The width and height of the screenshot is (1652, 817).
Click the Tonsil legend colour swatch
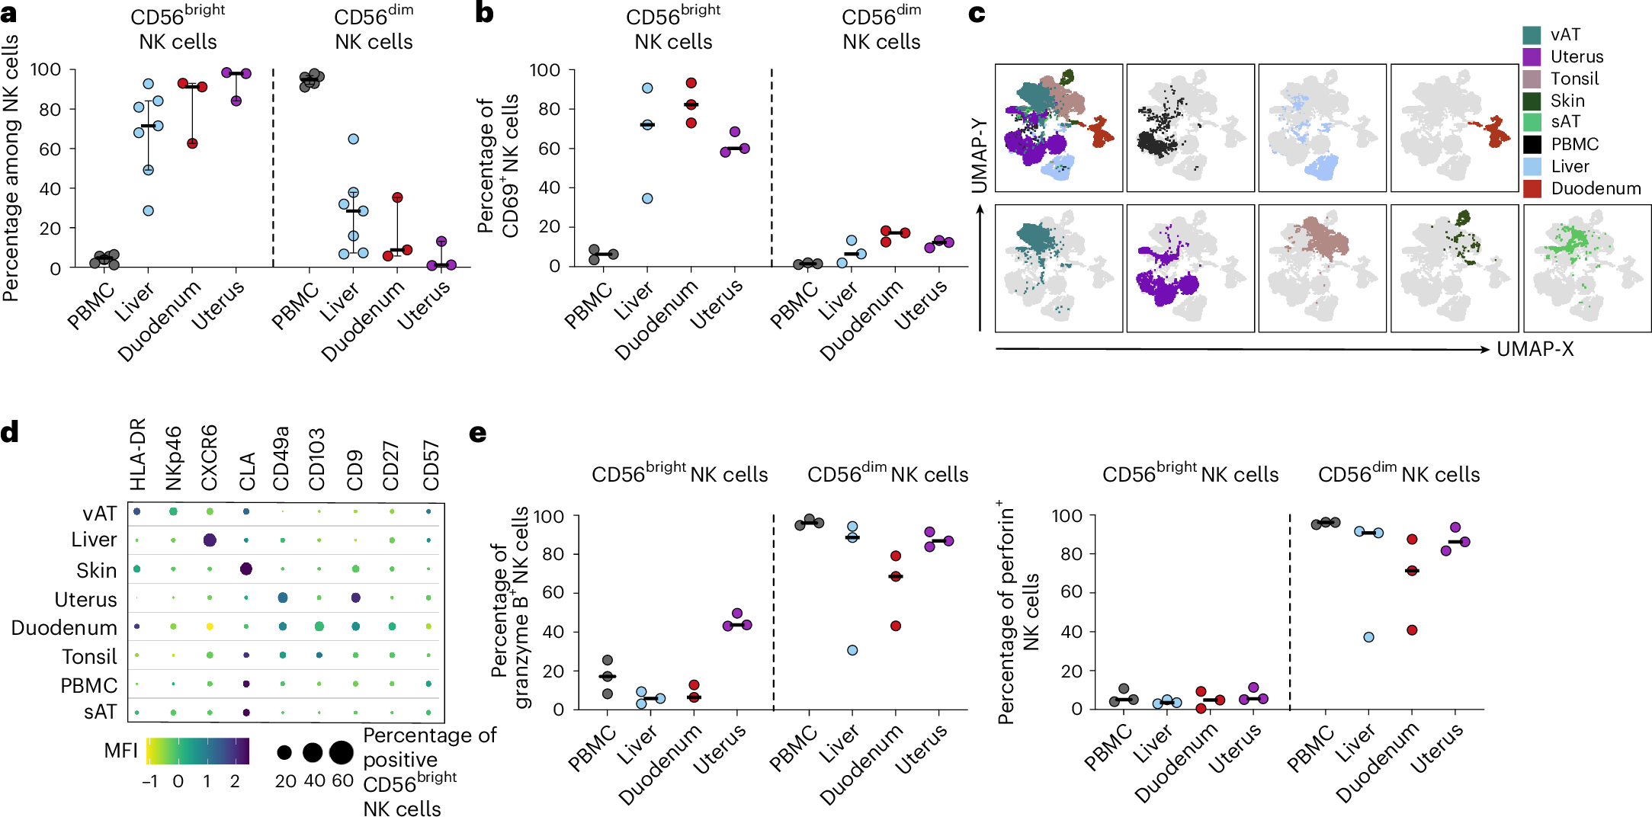[x=1532, y=79]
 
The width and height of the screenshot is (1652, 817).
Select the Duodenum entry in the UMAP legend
[x=1596, y=188]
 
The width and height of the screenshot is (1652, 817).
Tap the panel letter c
[x=977, y=13]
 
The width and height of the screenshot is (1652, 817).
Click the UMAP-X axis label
[x=1535, y=349]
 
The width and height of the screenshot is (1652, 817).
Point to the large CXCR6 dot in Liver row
[x=210, y=540]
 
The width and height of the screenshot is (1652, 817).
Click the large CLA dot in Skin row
[x=245, y=569]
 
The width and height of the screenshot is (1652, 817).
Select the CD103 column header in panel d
[x=317, y=460]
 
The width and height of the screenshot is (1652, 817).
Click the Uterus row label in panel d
[x=85, y=600]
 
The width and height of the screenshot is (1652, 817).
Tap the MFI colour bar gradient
[x=197, y=751]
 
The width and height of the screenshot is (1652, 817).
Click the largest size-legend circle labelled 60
[x=342, y=753]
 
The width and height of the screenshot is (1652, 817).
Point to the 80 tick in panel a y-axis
[x=50, y=109]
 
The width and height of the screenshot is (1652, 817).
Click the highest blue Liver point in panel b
[x=647, y=88]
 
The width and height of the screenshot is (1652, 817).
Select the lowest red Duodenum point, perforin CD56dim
[x=1412, y=630]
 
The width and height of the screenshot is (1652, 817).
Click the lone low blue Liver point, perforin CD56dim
[x=1369, y=637]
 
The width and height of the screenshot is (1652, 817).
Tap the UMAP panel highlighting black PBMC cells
[x=1190, y=127]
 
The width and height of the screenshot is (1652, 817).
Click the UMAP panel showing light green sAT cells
[x=1586, y=268]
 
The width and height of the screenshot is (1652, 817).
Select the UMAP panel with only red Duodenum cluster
[x=1454, y=127]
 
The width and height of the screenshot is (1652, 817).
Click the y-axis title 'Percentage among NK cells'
[x=11, y=168]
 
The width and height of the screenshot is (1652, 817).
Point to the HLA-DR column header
[x=137, y=454]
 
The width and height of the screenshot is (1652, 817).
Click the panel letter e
[x=478, y=433]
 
